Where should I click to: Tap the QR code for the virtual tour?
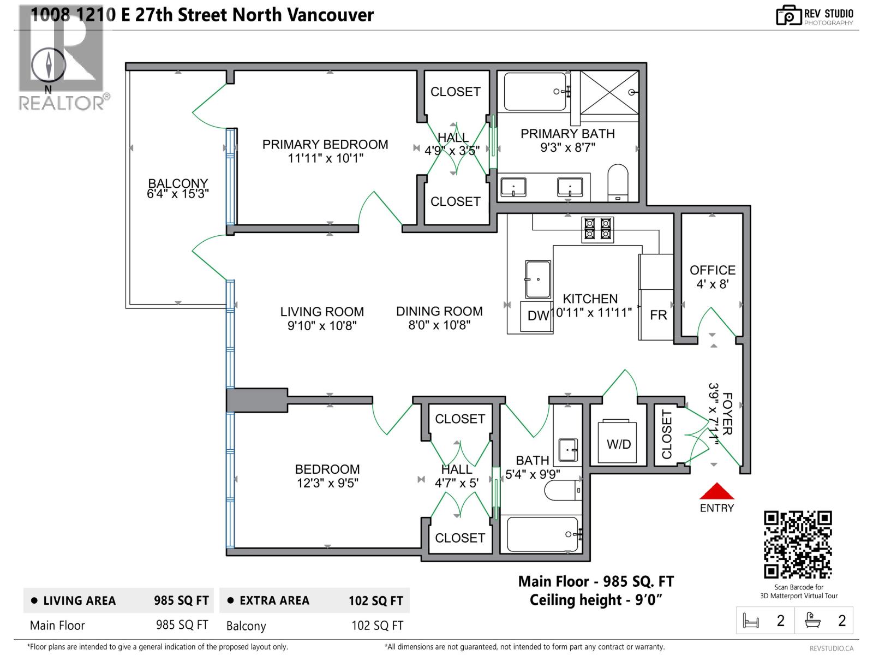[798, 544]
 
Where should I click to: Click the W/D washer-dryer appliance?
[618, 442]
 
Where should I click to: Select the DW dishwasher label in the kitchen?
[538, 315]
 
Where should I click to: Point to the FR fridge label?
[658, 315]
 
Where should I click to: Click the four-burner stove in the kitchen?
[597, 229]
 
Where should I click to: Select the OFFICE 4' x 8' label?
[712, 277]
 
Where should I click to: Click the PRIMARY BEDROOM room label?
[325, 145]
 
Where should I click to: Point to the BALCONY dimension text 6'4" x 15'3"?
[178, 194]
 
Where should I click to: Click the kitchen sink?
[537, 279]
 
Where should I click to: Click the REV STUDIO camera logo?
[788, 15]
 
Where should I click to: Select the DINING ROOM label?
[439, 311]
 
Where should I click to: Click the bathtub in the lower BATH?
[543, 534]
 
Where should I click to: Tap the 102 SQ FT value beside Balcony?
[377, 626]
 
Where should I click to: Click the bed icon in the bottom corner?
[751, 621]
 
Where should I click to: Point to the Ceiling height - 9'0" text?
[596, 600]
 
